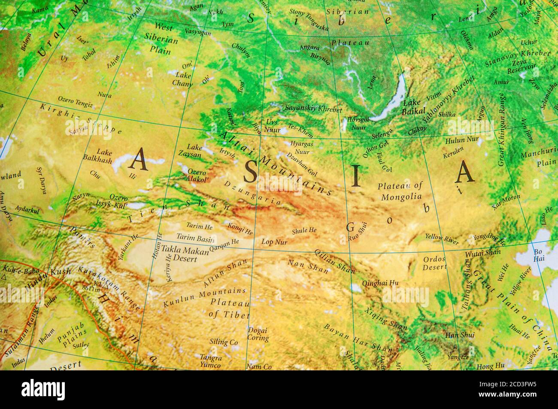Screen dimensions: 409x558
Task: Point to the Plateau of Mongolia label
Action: click(x=400, y=191)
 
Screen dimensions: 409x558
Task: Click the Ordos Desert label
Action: click(x=435, y=263)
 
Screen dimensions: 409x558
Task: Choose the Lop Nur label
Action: click(x=274, y=242)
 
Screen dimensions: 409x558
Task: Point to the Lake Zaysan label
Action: click(x=190, y=151)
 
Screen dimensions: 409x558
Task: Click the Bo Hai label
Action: click(x=538, y=255)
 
